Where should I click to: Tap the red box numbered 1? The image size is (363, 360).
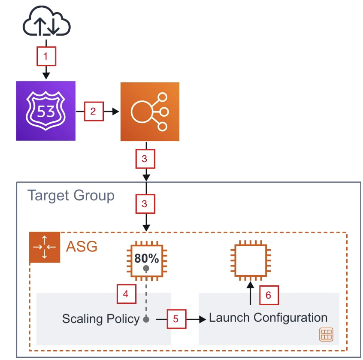click(46, 56)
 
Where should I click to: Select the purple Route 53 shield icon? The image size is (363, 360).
click(45, 111)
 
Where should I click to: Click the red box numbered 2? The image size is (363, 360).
click(94, 112)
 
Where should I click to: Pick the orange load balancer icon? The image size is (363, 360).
click(150, 112)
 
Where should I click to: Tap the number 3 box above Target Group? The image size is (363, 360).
click(145, 159)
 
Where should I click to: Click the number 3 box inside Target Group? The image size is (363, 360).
click(145, 204)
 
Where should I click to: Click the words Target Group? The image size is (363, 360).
click(71, 196)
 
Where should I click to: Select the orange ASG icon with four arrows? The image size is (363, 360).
click(45, 248)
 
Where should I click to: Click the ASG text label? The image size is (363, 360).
click(82, 247)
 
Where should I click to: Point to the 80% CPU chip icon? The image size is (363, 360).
click(146, 258)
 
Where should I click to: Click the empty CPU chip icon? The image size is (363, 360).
click(250, 258)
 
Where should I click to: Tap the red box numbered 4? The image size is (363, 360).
click(127, 294)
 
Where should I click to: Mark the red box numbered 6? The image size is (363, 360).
click(269, 295)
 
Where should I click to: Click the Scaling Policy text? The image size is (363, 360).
click(100, 319)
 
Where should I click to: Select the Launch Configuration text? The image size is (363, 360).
click(268, 318)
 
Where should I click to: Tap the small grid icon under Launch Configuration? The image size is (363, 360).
click(326, 335)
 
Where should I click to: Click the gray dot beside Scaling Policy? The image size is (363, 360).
click(146, 319)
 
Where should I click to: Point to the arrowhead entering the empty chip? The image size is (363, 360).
click(250, 284)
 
